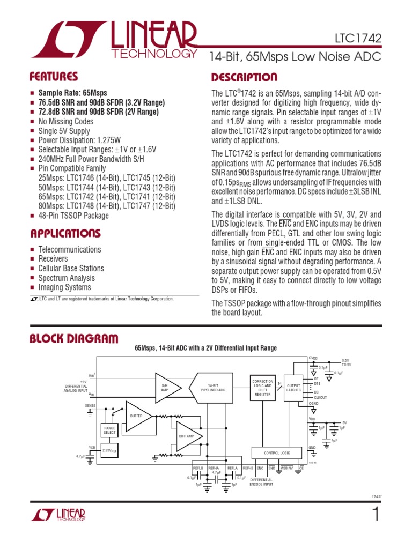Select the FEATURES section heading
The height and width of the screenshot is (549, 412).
click(54, 77)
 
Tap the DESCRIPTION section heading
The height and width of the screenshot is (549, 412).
click(244, 77)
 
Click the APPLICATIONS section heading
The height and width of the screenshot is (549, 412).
click(65, 233)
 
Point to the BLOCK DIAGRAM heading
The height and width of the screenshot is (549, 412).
click(73, 338)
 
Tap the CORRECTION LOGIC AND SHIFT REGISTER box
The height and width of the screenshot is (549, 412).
click(262, 388)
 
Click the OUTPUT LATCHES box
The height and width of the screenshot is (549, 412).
click(293, 388)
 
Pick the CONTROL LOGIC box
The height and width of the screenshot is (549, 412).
click(277, 453)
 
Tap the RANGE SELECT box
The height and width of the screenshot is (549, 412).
click(109, 430)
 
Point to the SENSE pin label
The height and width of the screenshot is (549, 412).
click(90, 406)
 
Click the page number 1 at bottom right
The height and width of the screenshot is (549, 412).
click(375, 514)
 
